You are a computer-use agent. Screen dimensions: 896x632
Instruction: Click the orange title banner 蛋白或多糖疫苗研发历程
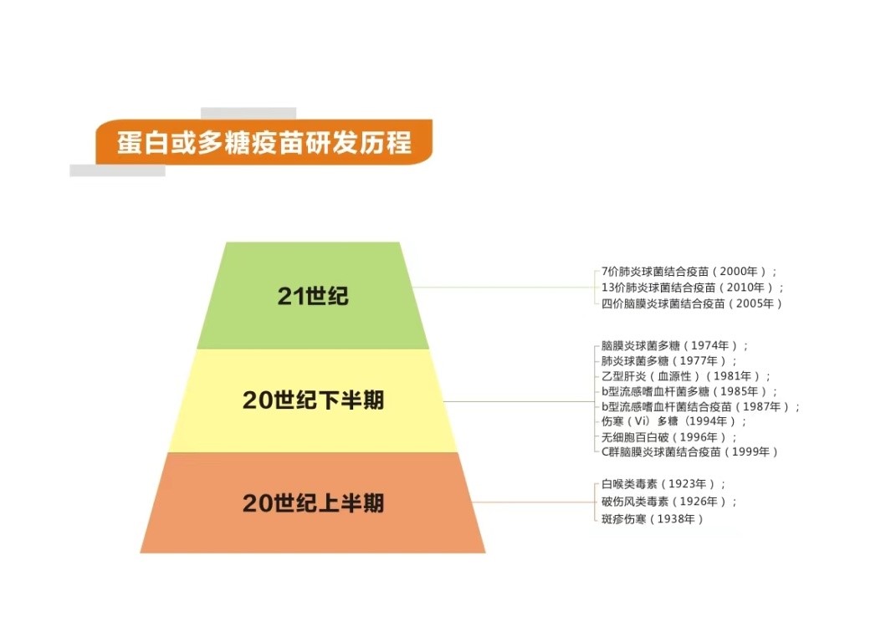[x=264, y=141]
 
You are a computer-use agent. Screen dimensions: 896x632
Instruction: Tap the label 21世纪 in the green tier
[x=313, y=296]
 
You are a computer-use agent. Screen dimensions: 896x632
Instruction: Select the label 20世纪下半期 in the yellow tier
[x=313, y=400]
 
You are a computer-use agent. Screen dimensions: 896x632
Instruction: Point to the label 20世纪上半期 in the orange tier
[x=313, y=503]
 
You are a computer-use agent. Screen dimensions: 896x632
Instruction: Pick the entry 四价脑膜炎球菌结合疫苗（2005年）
[x=691, y=303]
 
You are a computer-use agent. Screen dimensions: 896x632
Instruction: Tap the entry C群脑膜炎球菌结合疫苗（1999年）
[x=689, y=451]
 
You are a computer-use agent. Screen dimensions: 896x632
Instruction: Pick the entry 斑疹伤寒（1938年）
[x=652, y=519]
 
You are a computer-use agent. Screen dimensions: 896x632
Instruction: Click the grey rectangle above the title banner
[x=248, y=113]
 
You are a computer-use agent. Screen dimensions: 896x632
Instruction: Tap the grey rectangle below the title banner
[x=118, y=171]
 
